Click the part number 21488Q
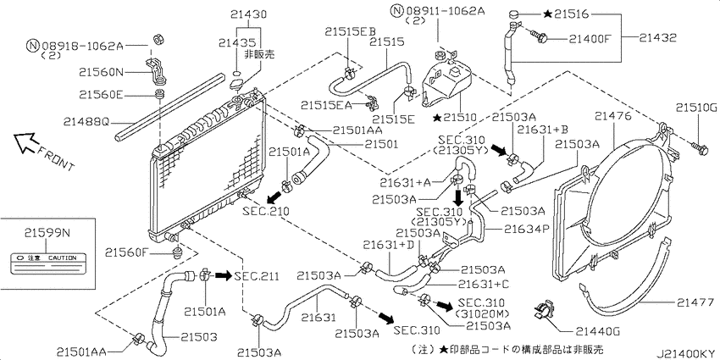click(x=86, y=122)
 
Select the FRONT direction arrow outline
click(x=25, y=141)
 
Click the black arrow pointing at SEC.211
click(x=224, y=275)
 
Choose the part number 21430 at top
click(x=248, y=14)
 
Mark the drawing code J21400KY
click(x=685, y=353)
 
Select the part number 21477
click(x=695, y=302)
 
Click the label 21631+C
click(x=485, y=285)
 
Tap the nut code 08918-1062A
click(x=83, y=46)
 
